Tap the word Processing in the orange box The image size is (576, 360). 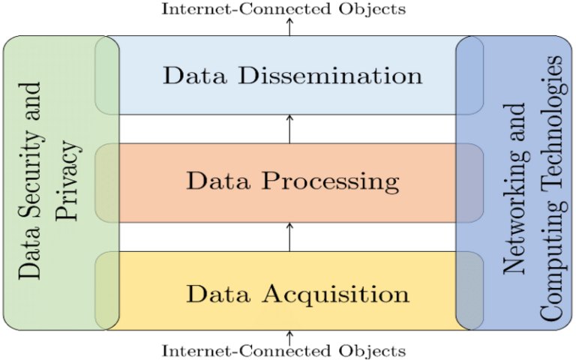[x=331, y=182]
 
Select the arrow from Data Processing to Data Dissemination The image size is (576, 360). [x=289, y=129]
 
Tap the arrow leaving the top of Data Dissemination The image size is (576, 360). [x=289, y=26]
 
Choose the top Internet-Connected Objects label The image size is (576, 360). [x=284, y=9]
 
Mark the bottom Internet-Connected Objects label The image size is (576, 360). [x=284, y=350]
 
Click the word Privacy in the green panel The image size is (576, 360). [x=67, y=182]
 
